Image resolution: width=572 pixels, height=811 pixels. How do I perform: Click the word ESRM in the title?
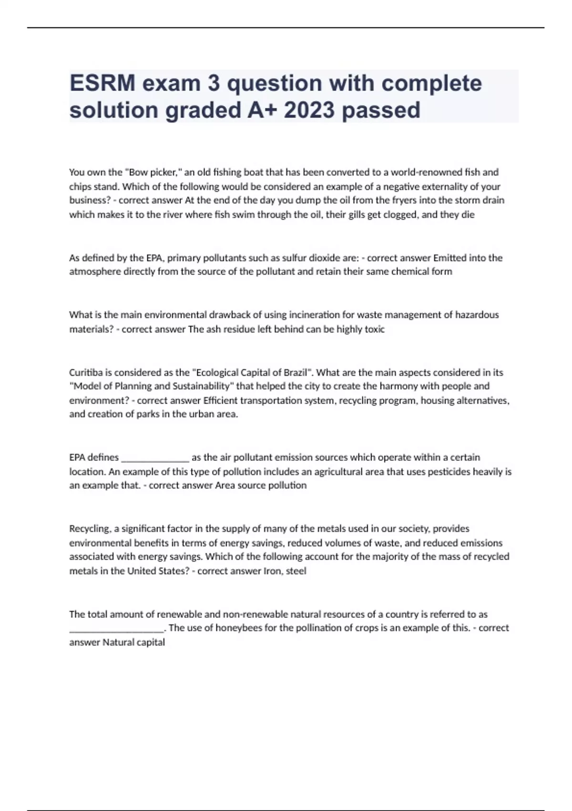coord(102,83)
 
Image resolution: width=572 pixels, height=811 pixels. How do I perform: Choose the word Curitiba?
coord(85,373)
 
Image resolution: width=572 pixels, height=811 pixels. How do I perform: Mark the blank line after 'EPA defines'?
coord(155,458)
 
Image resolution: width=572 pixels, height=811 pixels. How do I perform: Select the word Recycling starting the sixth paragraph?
coord(90,529)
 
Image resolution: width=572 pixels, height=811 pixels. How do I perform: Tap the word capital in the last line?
coord(151,643)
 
